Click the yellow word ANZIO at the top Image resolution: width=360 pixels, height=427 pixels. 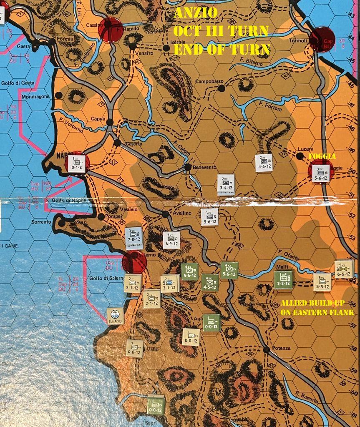coord(196,13)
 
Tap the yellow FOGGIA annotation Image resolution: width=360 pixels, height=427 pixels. coord(322,156)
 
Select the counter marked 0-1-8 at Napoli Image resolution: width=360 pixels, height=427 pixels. coord(77,163)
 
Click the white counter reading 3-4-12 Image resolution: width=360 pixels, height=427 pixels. coord(226,184)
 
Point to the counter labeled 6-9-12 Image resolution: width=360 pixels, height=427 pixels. coord(171,240)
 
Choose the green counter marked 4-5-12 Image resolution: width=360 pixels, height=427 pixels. coord(209,282)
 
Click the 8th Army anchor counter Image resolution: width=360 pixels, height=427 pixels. coord(116,316)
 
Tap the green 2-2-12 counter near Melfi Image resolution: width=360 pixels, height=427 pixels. coord(283,279)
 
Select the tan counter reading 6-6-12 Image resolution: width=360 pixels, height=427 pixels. coord(344,269)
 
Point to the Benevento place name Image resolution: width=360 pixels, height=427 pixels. coord(204,167)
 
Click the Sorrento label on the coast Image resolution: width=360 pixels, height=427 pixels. coord(41,222)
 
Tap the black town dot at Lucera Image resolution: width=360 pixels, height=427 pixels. coord(300,156)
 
